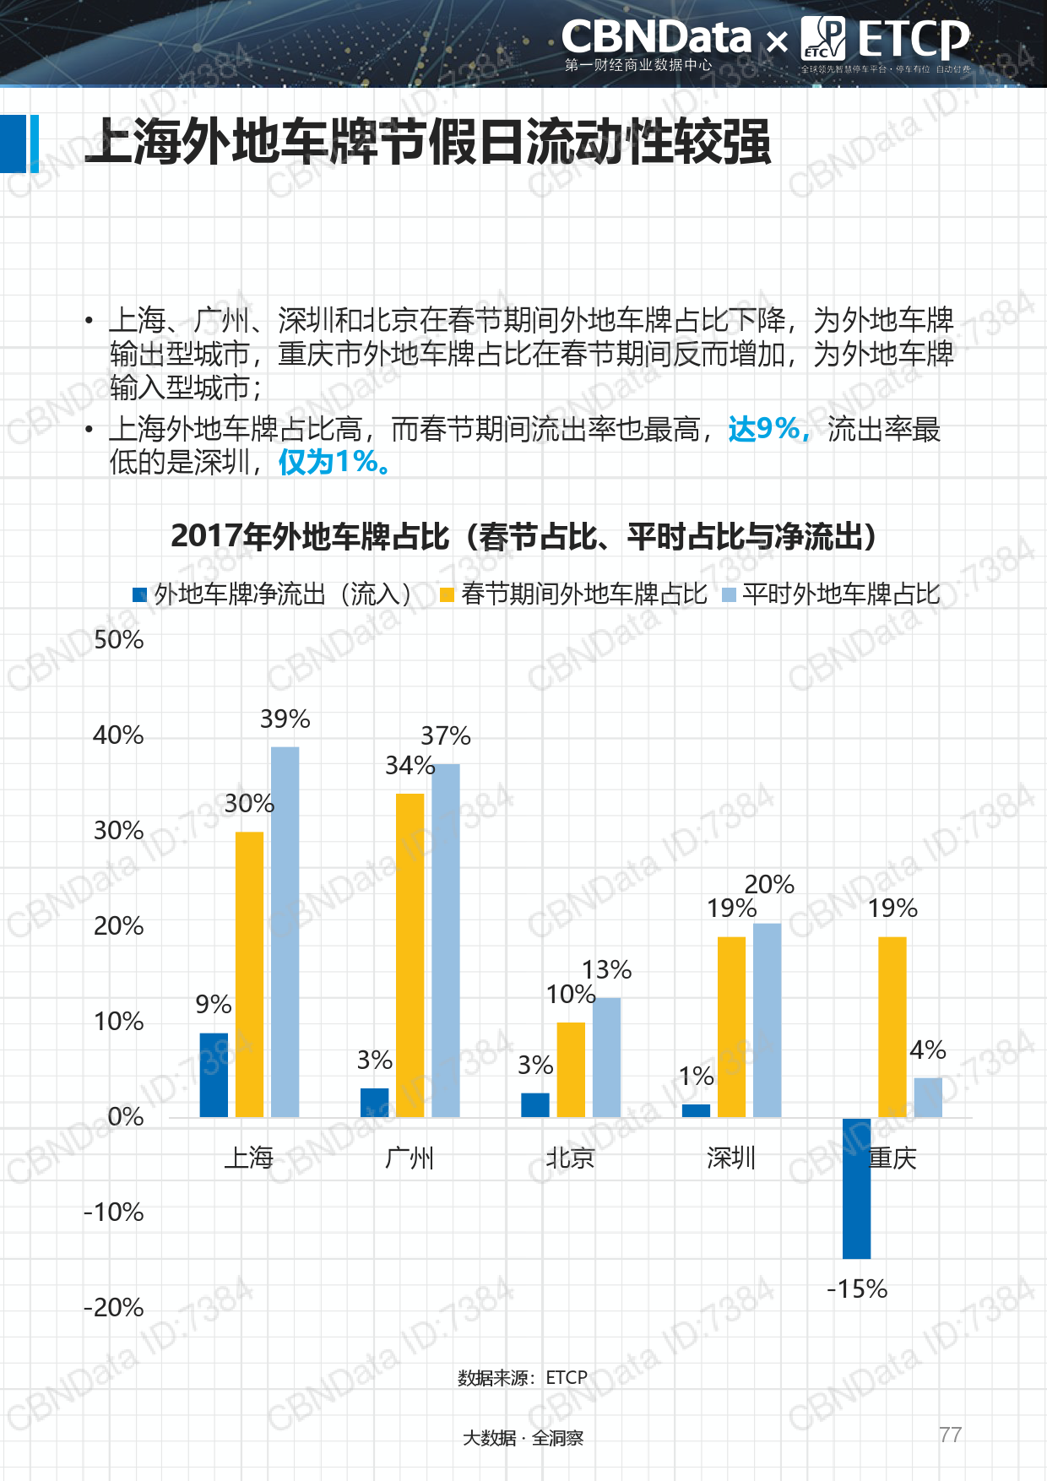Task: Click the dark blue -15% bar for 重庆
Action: [856, 1188]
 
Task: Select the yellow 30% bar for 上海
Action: [249, 974]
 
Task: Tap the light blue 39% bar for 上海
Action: [285, 932]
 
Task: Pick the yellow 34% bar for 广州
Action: [410, 955]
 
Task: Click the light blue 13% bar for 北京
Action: [606, 1057]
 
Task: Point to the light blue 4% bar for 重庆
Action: [928, 1098]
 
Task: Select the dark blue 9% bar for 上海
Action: [214, 1075]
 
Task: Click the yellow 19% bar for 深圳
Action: [732, 1027]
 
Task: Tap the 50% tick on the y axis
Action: [118, 640]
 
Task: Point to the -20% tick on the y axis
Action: [114, 1308]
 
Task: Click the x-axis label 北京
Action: [570, 1158]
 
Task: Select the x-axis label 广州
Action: [410, 1158]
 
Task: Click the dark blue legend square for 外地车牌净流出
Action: [140, 595]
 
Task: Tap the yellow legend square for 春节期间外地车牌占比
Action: [448, 595]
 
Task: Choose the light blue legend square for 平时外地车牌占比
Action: [730, 595]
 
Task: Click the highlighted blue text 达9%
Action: [768, 429]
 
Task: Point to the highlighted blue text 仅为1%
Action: [334, 462]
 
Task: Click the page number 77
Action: [950, 1435]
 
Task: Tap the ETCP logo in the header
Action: [886, 41]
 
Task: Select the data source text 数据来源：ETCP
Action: [522, 1377]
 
